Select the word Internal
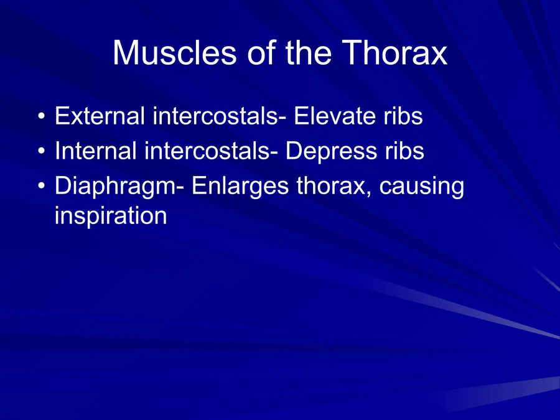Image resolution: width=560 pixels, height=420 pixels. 95,151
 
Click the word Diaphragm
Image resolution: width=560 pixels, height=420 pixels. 116,187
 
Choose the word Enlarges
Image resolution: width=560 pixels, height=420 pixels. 240,187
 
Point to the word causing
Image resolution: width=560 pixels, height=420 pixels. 422,187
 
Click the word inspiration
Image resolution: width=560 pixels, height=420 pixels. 111,215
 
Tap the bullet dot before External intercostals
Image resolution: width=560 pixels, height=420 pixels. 42,116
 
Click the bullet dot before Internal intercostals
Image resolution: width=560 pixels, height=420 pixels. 42,151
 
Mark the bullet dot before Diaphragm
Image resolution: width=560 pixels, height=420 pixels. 42,186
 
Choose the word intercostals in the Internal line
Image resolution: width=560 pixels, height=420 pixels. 207,151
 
